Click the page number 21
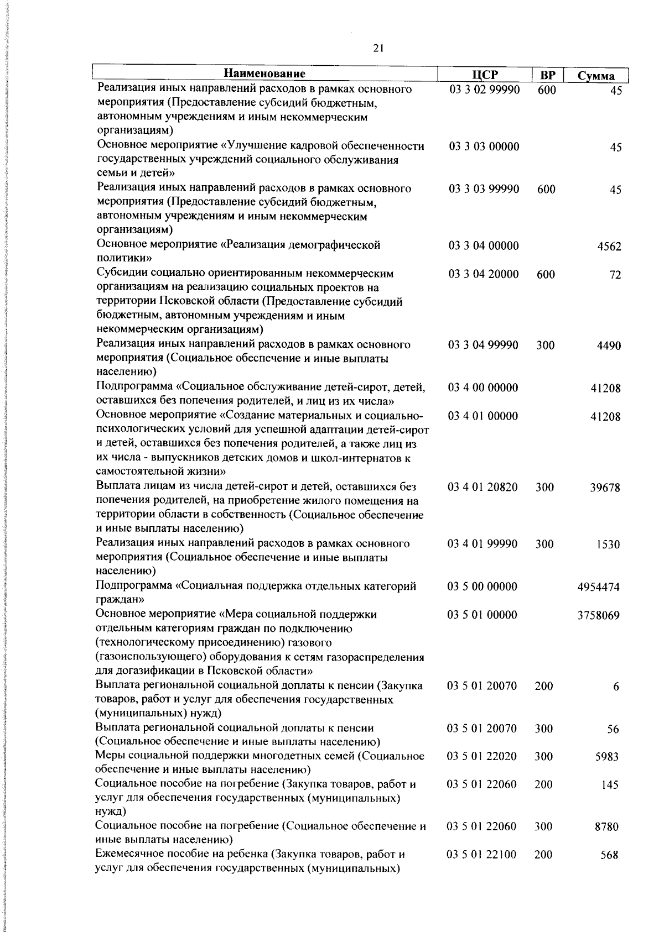(378, 48)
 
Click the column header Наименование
(264, 74)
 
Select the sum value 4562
(609, 247)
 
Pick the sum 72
(615, 275)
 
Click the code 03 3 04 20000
(484, 274)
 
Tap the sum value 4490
(609, 346)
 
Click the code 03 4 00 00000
(483, 388)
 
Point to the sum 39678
(605, 488)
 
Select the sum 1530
(608, 545)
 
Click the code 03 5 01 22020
(482, 756)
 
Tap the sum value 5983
(606, 757)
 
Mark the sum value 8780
(606, 828)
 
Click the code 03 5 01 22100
(481, 855)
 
